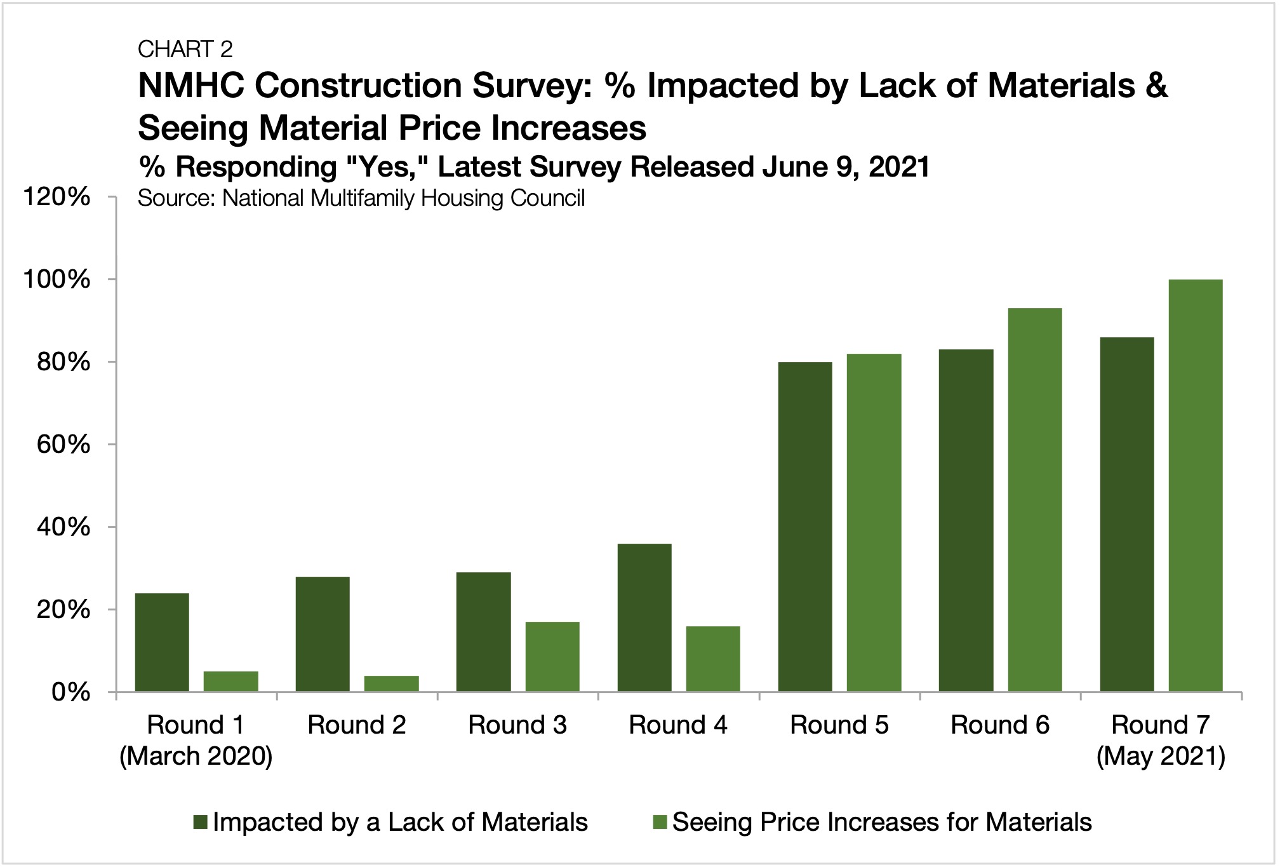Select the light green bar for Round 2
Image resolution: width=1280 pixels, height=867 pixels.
(x=391, y=683)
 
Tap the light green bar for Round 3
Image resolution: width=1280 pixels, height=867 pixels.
(x=552, y=656)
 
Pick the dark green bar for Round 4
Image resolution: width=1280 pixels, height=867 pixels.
(x=644, y=617)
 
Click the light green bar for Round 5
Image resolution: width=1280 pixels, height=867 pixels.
(x=874, y=522)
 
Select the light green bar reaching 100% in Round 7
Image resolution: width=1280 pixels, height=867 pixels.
(x=1195, y=485)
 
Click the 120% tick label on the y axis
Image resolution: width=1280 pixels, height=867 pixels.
(x=57, y=197)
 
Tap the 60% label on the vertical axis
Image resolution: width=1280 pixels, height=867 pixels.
(x=63, y=445)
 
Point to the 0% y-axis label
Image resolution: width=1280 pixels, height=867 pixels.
(x=70, y=692)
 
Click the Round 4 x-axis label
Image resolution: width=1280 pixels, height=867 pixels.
(x=677, y=725)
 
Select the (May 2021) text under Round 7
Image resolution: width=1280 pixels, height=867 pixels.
(x=1160, y=756)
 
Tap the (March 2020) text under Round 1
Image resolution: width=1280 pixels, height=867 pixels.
(x=196, y=756)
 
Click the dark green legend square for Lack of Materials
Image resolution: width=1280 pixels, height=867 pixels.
(x=201, y=823)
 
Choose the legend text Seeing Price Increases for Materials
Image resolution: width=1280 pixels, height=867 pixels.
(x=881, y=823)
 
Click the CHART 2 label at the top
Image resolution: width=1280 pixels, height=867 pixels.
(x=185, y=49)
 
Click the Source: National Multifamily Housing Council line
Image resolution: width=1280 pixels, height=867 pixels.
(x=361, y=198)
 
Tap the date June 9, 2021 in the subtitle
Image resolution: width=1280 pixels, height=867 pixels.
(x=846, y=167)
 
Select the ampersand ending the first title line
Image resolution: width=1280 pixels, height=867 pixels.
(x=1157, y=86)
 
